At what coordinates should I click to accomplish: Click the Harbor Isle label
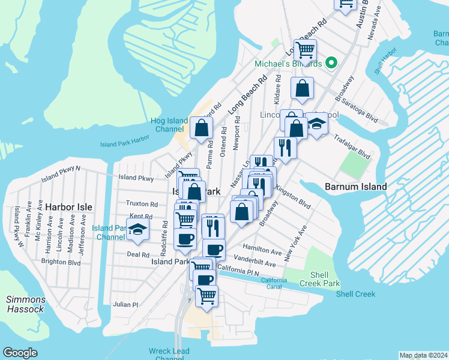[x=68, y=207]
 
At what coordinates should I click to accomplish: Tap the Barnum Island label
[x=355, y=187]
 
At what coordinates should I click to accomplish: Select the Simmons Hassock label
[x=25, y=304]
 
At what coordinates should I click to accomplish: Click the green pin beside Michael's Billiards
[x=330, y=64]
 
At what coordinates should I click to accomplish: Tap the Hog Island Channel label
[x=169, y=125]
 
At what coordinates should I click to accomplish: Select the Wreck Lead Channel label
[x=169, y=355]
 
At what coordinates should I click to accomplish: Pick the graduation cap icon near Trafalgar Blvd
[x=316, y=124]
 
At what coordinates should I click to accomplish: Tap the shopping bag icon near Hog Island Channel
[x=201, y=127]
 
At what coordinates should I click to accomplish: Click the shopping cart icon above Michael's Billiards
[x=305, y=50]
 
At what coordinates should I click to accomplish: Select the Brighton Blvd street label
[x=61, y=262]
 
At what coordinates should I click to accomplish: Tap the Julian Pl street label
[x=125, y=305]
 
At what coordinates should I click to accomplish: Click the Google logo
[x=20, y=353]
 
